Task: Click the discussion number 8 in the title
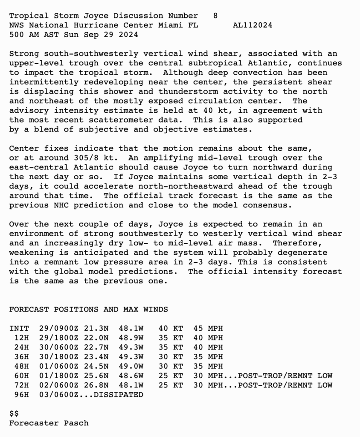point(215,16)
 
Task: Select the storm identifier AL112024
point(253,25)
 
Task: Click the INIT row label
point(19,329)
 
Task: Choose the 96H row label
point(22,395)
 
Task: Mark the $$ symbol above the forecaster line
point(14,414)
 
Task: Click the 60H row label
point(22,376)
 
